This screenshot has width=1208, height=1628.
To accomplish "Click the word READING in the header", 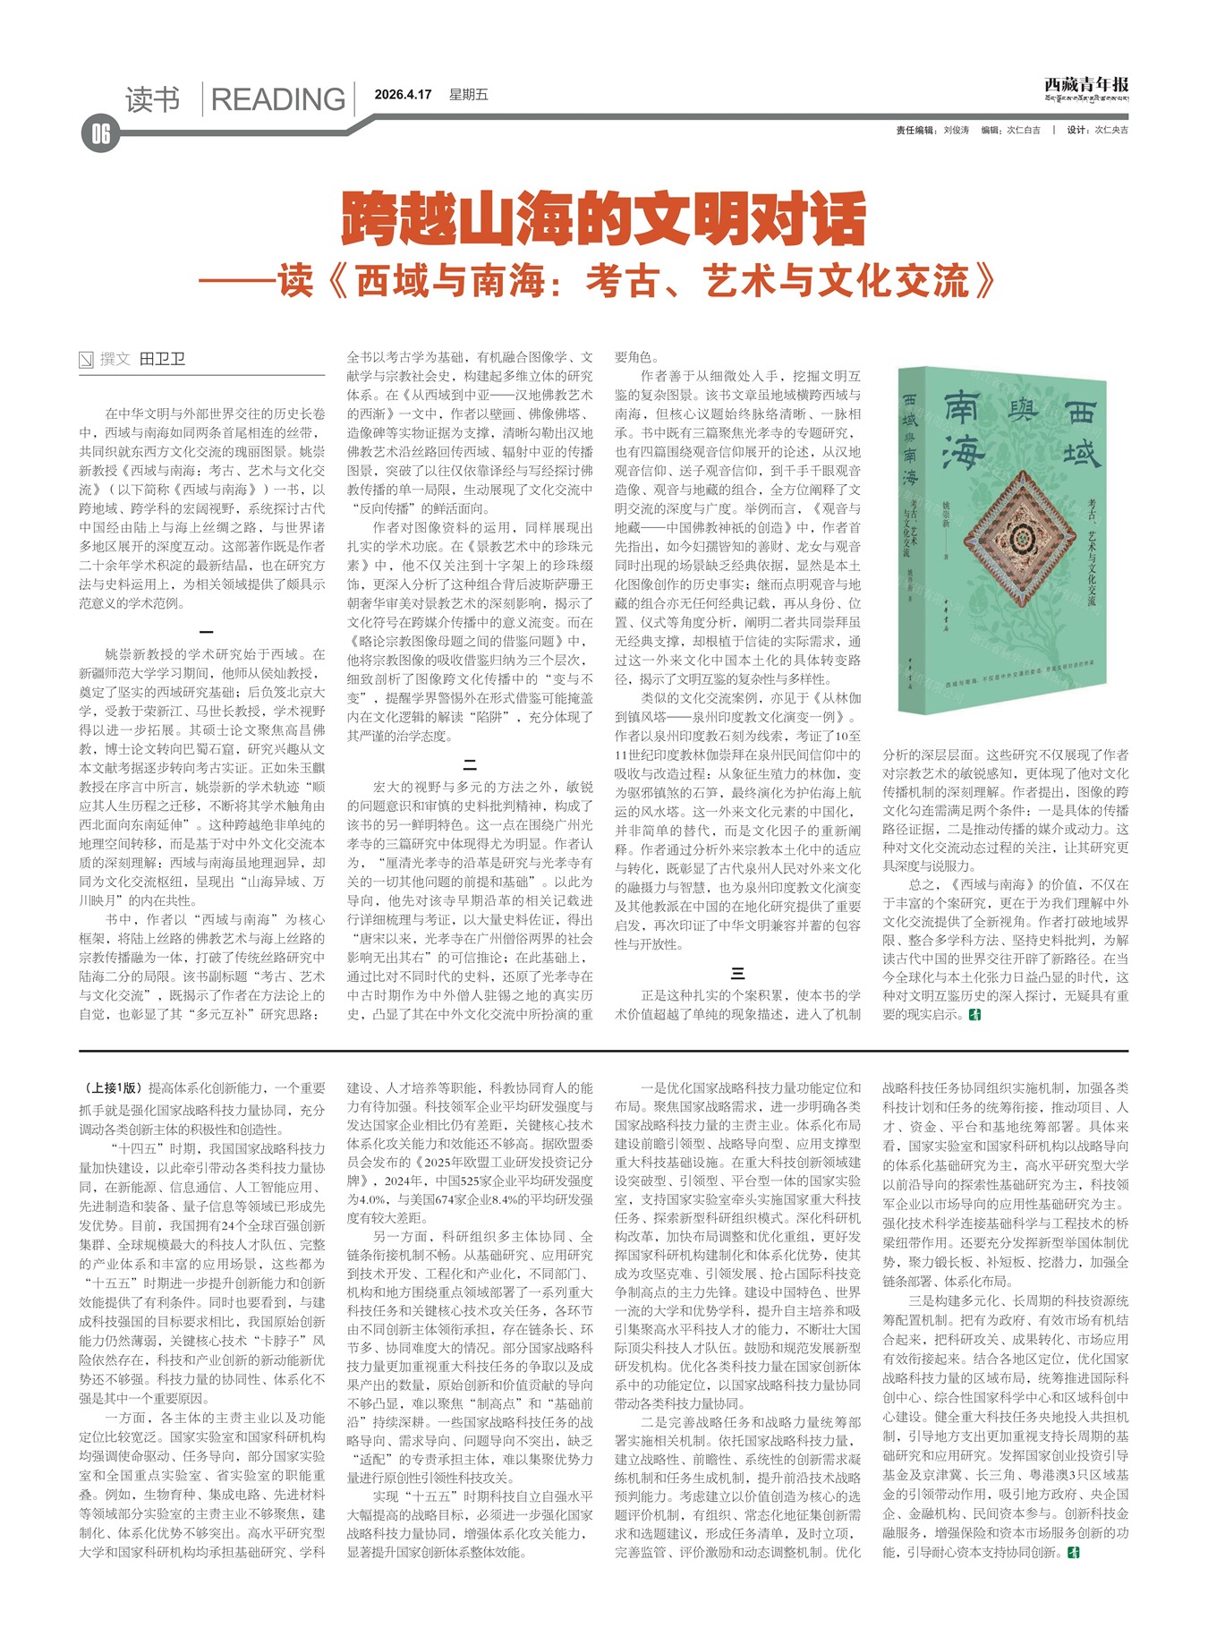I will [277, 99].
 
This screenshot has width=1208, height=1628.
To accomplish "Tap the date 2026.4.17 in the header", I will [403, 95].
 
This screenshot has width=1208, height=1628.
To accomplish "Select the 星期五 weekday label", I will [468, 95].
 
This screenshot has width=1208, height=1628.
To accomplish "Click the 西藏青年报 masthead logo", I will [1085, 87].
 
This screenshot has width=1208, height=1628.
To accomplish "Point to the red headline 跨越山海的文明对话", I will [604, 218].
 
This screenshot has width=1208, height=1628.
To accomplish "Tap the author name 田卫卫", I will [162, 359].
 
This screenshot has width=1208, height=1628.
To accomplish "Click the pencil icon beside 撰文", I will [87, 360].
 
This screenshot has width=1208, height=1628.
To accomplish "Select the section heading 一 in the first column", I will [206, 631].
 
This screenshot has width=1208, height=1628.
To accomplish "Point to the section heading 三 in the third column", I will [737, 973].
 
